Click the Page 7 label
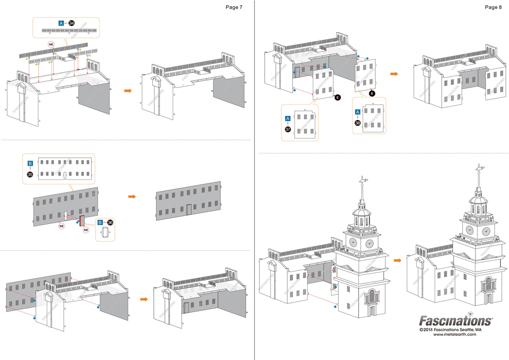[234, 7]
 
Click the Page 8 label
[493, 7]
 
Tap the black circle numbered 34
[71, 23]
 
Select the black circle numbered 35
[30, 175]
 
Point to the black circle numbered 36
[110, 222]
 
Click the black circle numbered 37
[288, 129]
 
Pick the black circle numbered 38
[357, 123]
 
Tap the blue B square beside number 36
[100, 222]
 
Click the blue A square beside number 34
[61, 23]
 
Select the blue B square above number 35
[30, 163]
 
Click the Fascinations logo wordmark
[456, 321]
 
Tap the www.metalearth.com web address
[455, 334]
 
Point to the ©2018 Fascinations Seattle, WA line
[451, 329]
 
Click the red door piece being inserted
[82, 221]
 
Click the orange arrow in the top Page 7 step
[128, 91]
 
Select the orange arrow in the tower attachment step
[397, 261]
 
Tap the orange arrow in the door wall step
[132, 197]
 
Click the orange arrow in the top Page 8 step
[394, 74]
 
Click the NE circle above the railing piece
[51, 45]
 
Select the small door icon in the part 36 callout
[105, 232]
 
